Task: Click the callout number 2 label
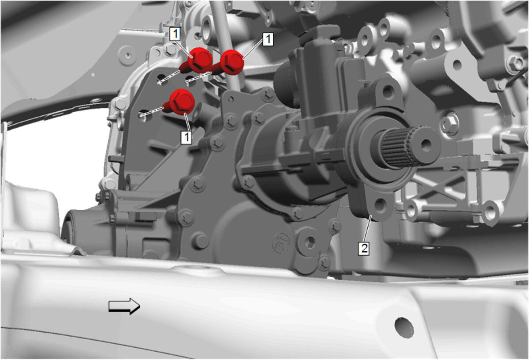[364, 248]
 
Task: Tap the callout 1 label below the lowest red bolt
[186, 137]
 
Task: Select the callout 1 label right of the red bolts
[268, 39]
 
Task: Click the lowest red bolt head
[182, 102]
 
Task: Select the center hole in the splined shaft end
[426, 145]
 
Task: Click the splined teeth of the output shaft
[395, 148]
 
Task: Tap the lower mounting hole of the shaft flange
[381, 205]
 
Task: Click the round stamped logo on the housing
[282, 241]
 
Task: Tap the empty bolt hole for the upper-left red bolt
[162, 80]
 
